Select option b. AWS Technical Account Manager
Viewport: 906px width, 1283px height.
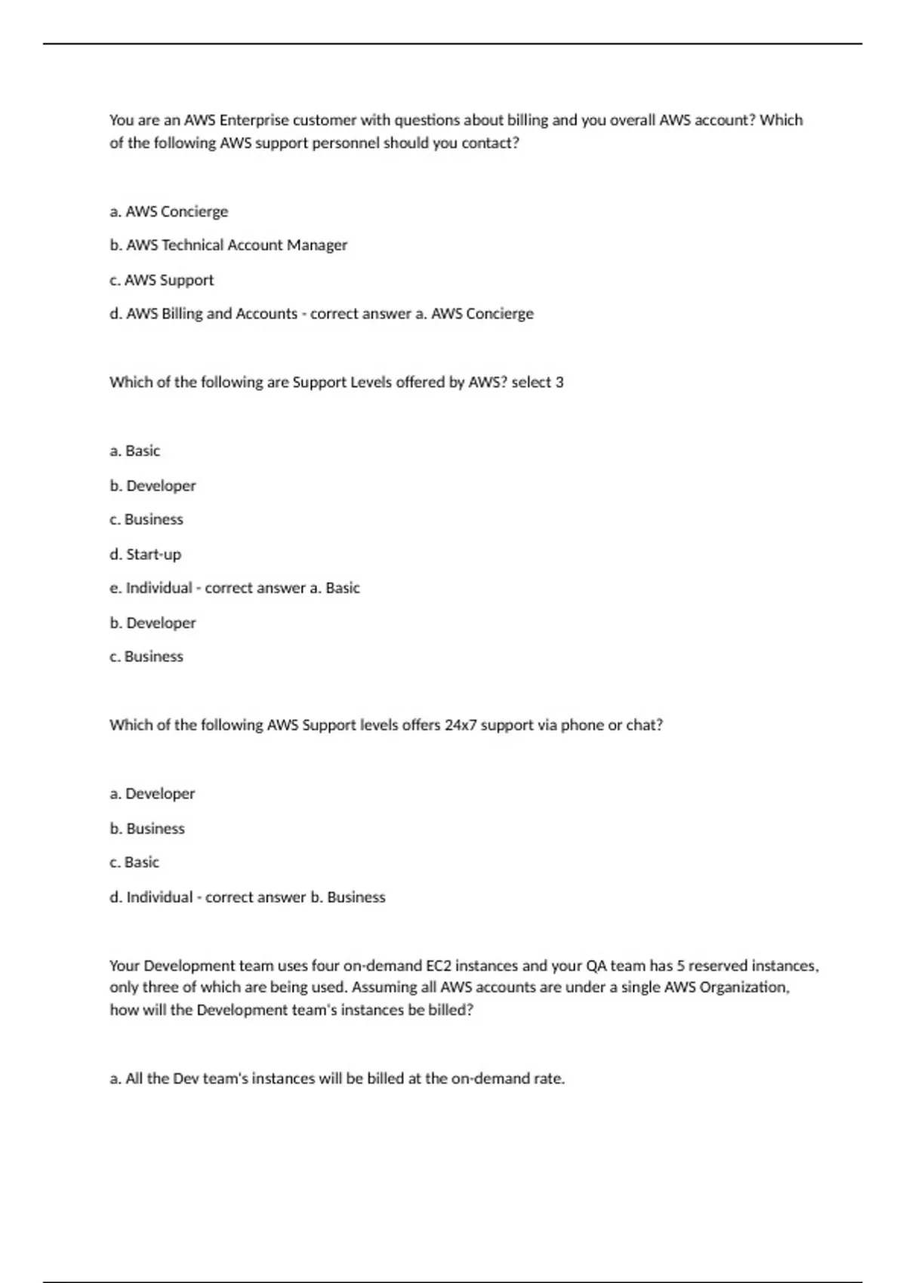coord(228,245)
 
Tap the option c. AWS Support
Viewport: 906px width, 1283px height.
coord(162,280)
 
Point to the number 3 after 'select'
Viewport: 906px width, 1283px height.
coord(559,383)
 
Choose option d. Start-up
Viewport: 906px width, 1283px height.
coord(146,555)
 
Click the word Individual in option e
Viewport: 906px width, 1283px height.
coord(159,588)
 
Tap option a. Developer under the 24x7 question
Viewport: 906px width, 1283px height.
coord(152,794)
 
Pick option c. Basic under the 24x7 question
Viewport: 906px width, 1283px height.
coord(134,863)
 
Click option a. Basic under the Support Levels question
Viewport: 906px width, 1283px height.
coord(135,451)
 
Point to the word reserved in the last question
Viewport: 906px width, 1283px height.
coord(717,966)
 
